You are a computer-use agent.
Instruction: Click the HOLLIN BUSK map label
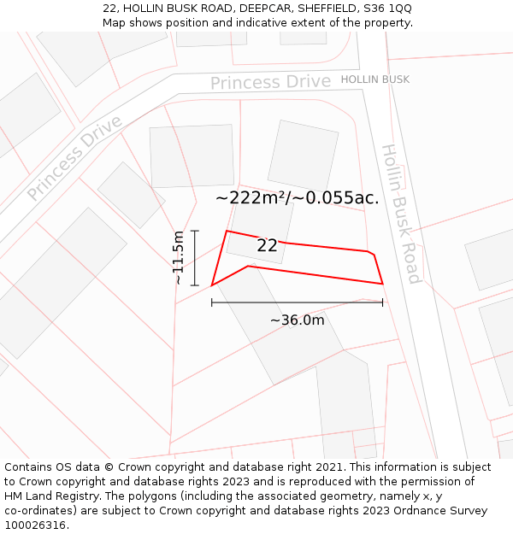point(374,79)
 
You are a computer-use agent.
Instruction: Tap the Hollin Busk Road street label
point(400,214)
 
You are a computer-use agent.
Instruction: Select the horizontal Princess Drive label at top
point(270,82)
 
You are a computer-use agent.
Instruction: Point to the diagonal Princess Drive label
point(74,157)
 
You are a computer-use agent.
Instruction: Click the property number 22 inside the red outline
point(267,245)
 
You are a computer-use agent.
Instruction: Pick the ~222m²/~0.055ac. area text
point(297,198)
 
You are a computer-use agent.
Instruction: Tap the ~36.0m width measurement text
point(298,320)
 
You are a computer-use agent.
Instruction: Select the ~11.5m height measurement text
point(178,257)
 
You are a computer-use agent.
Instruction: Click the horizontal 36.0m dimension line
point(297,302)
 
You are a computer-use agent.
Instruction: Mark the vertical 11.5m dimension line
point(195,257)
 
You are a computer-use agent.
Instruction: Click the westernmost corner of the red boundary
point(212,285)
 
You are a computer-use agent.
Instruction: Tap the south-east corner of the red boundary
point(382,283)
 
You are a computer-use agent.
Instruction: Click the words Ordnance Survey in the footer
point(447,510)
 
